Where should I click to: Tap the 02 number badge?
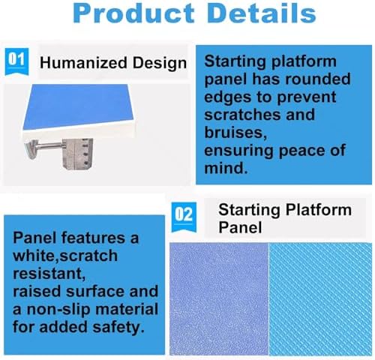pyautogui.click(x=184, y=213)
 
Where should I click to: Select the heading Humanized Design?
pyautogui.click(x=113, y=63)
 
